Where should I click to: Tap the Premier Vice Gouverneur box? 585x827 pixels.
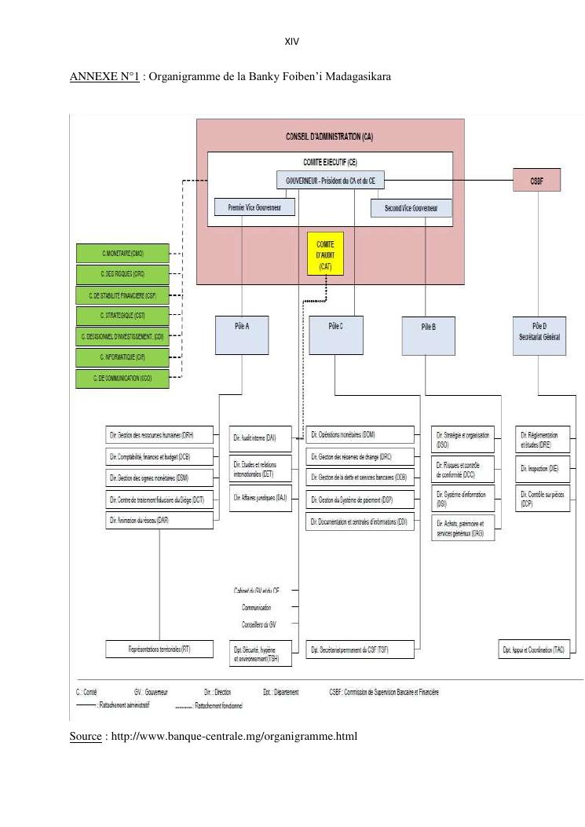(x=255, y=208)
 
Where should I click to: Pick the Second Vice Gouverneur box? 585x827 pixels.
(x=411, y=208)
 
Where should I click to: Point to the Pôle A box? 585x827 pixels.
(x=242, y=335)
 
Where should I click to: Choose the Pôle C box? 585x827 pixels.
(x=335, y=335)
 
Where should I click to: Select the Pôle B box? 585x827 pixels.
(x=428, y=335)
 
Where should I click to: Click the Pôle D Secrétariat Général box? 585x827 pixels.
(x=538, y=335)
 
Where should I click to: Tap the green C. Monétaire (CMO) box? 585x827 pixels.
(x=122, y=254)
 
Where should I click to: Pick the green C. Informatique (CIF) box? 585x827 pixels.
(x=122, y=357)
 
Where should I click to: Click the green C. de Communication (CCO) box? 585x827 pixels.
(x=122, y=379)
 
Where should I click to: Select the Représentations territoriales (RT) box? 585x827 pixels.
(x=159, y=650)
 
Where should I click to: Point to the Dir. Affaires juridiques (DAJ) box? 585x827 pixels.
(x=260, y=498)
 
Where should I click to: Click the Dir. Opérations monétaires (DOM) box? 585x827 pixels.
(x=360, y=434)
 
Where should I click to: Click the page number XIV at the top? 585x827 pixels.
(x=292, y=42)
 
